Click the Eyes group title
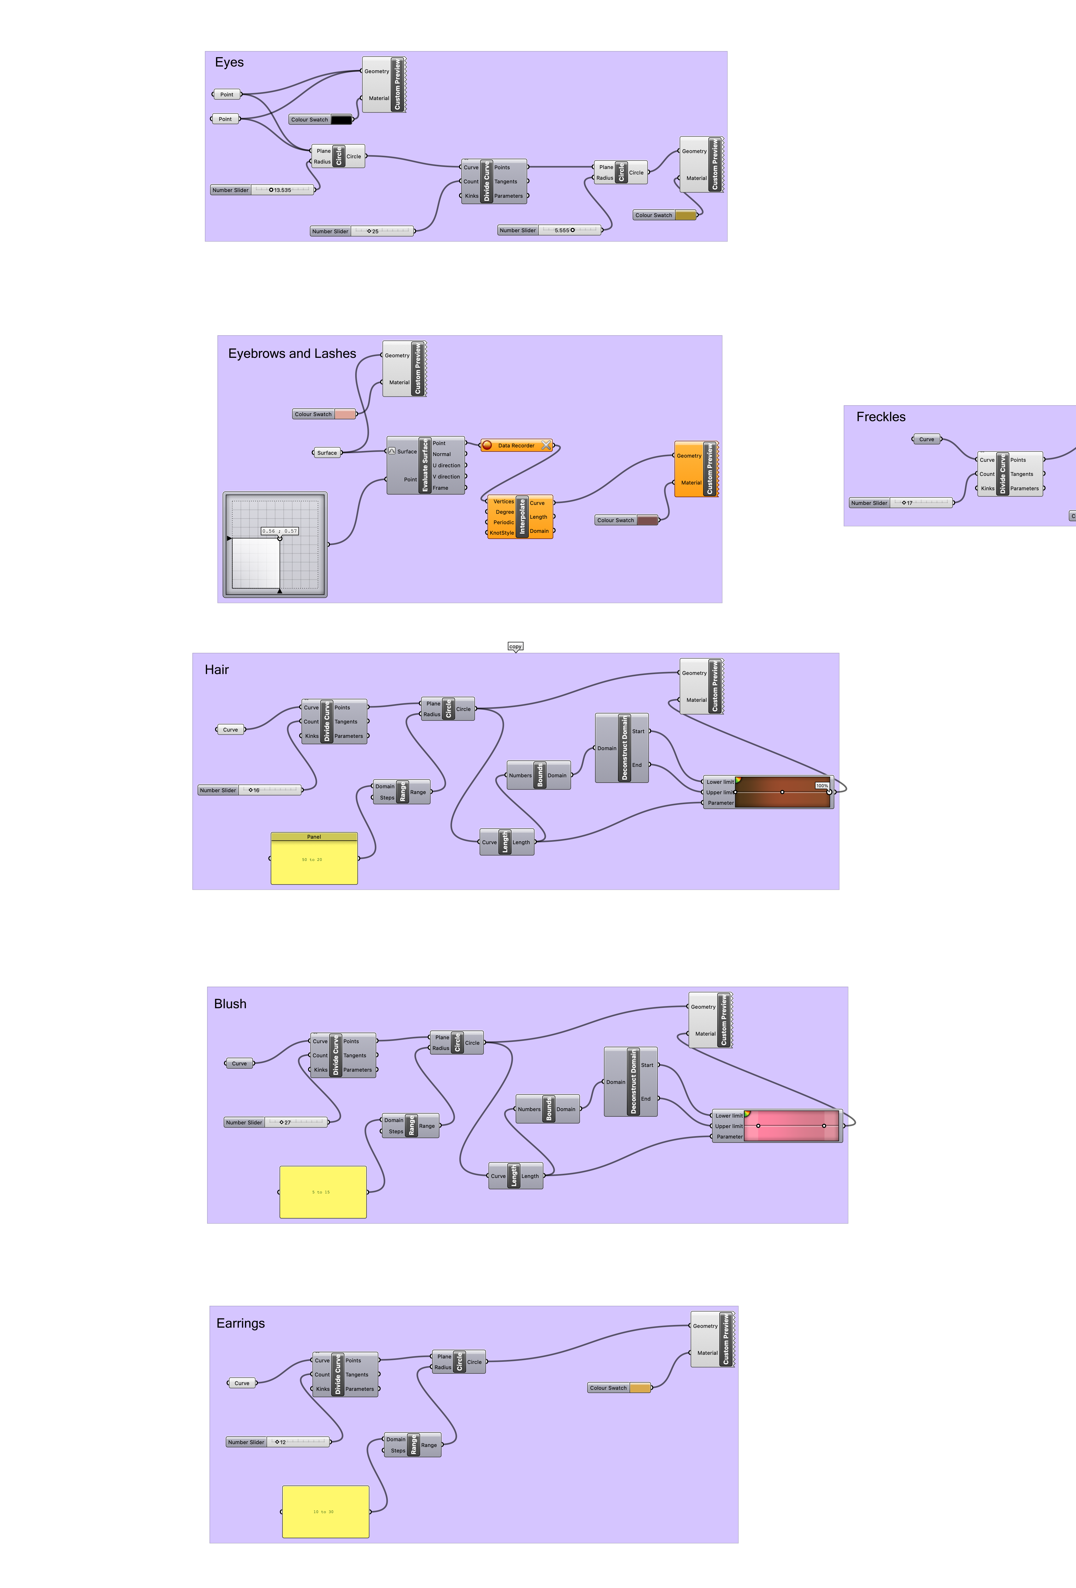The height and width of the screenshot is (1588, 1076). tap(230, 62)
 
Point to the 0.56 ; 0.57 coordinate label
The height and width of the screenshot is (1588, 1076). tap(279, 531)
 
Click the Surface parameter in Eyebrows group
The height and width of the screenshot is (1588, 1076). tap(327, 452)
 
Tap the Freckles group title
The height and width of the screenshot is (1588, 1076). tap(881, 417)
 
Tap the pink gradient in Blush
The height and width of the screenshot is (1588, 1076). tap(791, 1125)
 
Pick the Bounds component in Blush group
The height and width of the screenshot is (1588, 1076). tap(548, 1109)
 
